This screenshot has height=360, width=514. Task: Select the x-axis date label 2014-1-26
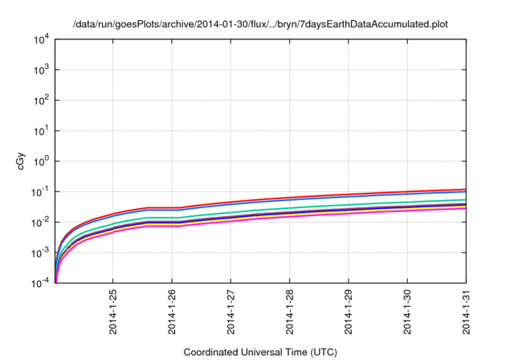click(172, 310)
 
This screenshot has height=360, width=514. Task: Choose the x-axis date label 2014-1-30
click(408, 310)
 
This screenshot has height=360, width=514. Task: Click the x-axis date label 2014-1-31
click(467, 310)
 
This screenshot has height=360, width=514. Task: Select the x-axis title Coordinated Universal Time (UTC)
click(260, 352)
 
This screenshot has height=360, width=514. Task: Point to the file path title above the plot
click(260, 24)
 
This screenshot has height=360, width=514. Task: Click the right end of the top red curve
click(466, 190)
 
